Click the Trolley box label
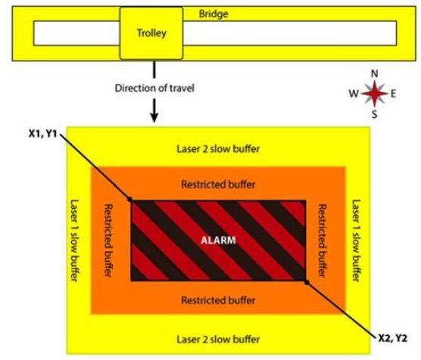151,33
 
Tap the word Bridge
214,14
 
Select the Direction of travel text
154,88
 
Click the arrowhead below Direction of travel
154,117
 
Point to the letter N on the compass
375,73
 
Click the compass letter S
375,114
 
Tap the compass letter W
354,94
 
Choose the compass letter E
393,94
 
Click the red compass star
375,94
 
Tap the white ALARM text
218,240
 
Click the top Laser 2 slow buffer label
218,149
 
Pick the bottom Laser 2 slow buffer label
218,340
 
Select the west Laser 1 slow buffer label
74,241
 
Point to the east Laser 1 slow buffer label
356,241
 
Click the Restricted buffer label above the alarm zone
218,185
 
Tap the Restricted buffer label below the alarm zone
218,300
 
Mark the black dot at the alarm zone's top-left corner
129,200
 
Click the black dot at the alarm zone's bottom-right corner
307,282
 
